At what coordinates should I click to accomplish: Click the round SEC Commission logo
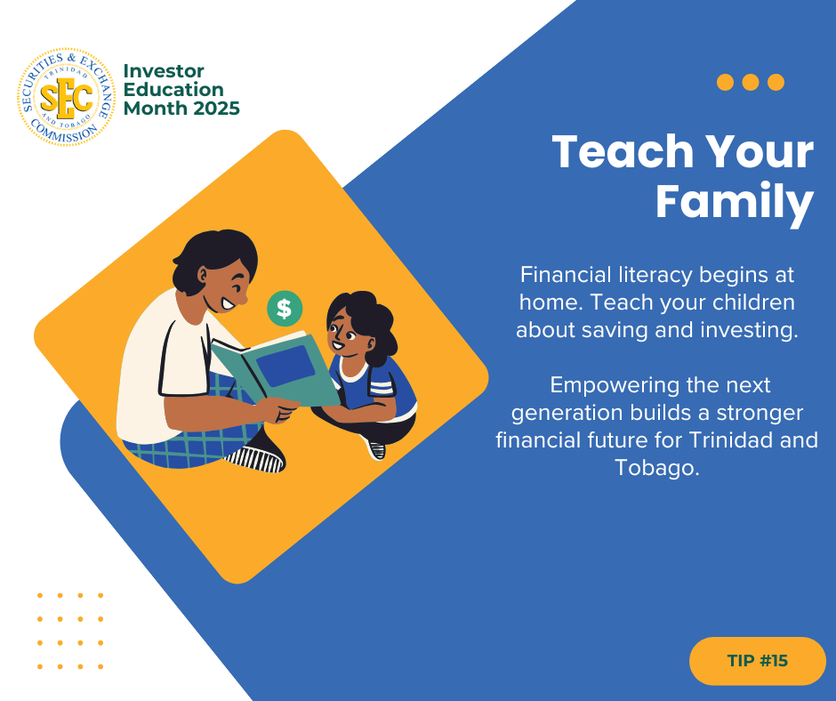(x=66, y=97)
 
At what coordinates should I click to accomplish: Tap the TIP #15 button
(x=757, y=660)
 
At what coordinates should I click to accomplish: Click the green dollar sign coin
(x=285, y=309)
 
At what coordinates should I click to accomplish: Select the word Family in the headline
(x=734, y=202)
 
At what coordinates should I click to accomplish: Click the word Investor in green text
(x=164, y=71)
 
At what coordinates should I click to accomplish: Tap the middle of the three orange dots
(x=750, y=82)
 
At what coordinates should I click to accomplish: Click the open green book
(x=276, y=369)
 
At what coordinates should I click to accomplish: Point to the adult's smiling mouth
(x=228, y=304)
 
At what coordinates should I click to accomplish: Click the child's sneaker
(x=374, y=448)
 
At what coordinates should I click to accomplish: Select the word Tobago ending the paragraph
(x=656, y=467)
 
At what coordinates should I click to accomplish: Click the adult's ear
(x=202, y=274)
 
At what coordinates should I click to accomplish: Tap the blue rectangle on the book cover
(x=285, y=366)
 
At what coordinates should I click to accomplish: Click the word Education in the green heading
(x=173, y=90)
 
